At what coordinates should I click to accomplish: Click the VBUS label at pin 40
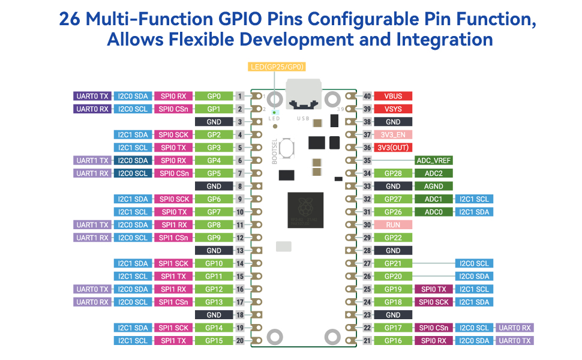coord(393,96)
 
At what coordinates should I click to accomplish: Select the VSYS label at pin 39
coord(393,109)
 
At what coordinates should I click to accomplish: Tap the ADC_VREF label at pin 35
coord(434,161)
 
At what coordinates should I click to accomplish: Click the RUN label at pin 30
coord(393,225)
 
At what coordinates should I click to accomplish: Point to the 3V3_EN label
coord(393,135)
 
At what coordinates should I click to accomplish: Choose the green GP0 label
coord(214,96)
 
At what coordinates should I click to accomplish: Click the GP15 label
coord(214,341)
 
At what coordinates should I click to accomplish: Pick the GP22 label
coord(393,238)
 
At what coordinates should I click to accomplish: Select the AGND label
coord(434,186)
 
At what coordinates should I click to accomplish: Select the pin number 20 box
coord(239,341)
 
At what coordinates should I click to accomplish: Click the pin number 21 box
coord(367,341)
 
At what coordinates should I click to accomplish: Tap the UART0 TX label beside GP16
coord(515,341)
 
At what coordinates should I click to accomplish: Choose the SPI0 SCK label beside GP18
coord(434,302)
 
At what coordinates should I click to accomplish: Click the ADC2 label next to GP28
coord(434,173)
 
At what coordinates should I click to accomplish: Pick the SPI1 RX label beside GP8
coord(173,225)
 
